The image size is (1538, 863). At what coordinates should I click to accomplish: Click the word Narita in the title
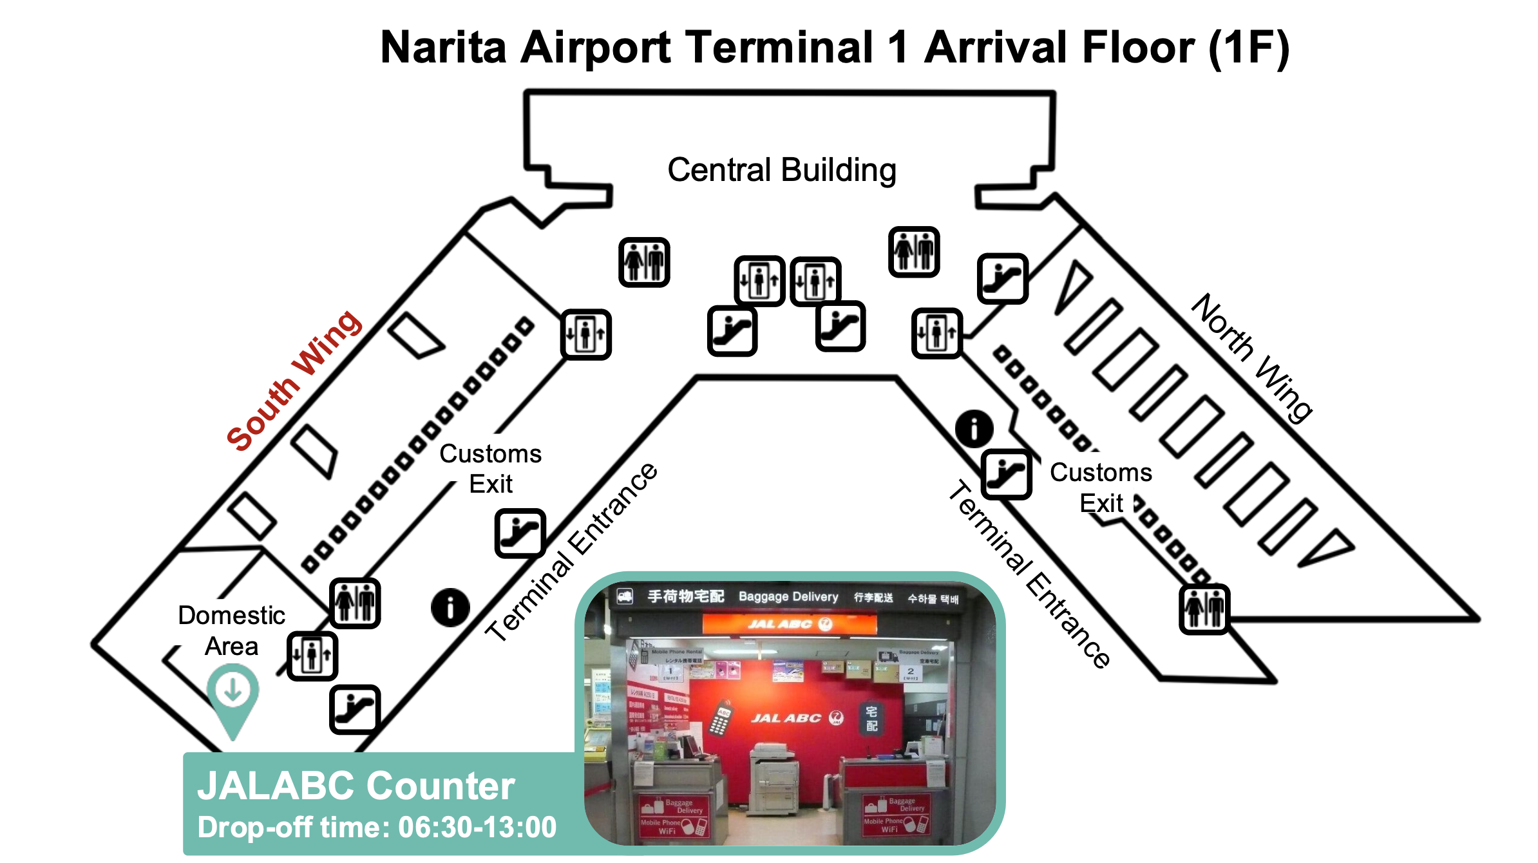coord(443,48)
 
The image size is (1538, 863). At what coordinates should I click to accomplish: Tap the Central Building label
coord(781,171)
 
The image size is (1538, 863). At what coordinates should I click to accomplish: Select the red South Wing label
coord(294,381)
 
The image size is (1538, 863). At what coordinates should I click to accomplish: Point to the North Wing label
coord(1251,358)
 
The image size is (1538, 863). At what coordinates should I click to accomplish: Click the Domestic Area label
coord(231,631)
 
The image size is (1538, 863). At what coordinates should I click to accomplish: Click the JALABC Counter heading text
coord(356,786)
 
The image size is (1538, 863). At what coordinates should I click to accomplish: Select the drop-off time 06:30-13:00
coord(477,828)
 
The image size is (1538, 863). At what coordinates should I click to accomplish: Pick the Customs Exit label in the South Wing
coord(491,468)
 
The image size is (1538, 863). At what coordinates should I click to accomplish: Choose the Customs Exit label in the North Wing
coord(1101,488)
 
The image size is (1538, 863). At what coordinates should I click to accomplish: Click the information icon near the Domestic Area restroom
coord(450,607)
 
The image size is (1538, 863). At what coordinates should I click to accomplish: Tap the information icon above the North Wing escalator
coord(974,429)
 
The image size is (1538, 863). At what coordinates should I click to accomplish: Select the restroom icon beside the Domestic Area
coord(355,603)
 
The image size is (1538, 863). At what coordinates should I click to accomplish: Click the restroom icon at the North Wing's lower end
coord(1204,609)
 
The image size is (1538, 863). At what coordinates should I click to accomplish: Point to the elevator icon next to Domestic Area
coord(312,656)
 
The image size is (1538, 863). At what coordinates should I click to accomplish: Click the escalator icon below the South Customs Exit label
coord(520,533)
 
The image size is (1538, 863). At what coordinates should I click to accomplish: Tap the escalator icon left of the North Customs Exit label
coord(1006,475)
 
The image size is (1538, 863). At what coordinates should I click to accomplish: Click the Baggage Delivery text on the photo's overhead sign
coord(788,597)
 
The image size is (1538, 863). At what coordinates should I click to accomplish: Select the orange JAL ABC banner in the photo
coord(790,623)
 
